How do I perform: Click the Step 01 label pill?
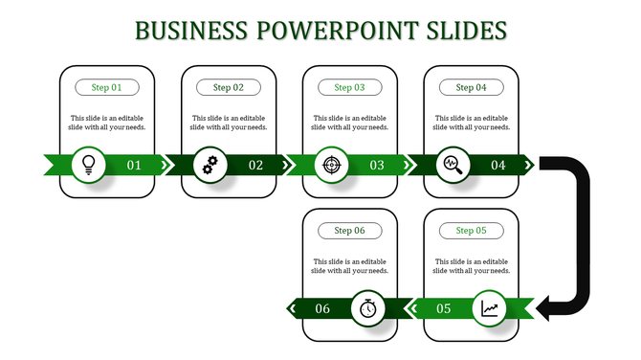107,87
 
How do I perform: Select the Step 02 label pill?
228,87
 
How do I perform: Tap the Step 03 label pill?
349,87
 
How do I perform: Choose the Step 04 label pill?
471,87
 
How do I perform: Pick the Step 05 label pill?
471,231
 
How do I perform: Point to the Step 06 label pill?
349,231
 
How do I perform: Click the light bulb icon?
89,165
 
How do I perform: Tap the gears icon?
210,165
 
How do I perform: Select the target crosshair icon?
332,165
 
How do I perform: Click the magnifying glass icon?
453,165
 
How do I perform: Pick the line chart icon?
490,308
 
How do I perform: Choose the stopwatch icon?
368,308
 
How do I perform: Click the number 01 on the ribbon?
134,165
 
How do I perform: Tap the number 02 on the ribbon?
255,165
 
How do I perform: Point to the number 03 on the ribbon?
377,165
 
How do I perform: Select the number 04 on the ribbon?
498,165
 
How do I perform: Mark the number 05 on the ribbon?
444,308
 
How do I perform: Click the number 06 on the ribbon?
322,308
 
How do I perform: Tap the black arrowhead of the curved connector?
546,307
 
